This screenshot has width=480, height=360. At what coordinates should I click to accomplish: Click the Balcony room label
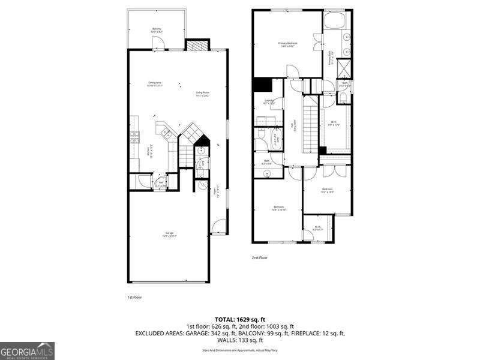[157, 30]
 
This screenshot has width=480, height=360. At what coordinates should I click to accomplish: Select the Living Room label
[203, 94]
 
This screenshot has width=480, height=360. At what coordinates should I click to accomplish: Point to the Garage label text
[169, 235]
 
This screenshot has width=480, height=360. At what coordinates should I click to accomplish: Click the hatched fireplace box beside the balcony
[196, 45]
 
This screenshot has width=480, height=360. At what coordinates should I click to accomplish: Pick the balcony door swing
[157, 43]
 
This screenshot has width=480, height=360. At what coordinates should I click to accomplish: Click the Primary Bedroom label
[288, 44]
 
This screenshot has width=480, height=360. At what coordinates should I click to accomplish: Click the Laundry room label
[269, 103]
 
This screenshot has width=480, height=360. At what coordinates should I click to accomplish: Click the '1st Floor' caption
[134, 297]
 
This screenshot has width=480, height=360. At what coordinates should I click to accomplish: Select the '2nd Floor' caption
[259, 257]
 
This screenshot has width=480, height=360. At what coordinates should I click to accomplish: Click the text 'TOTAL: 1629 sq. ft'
[239, 319]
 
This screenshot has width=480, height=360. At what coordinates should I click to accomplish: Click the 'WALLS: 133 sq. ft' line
[239, 340]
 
